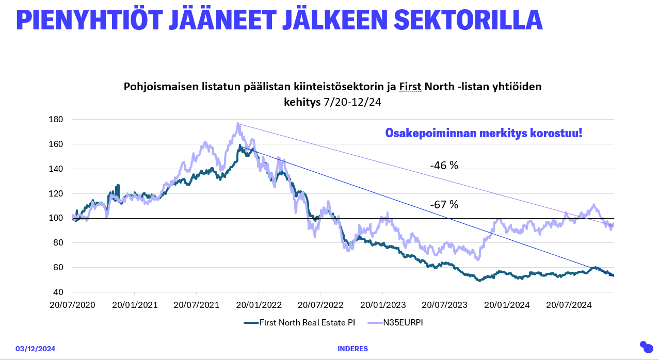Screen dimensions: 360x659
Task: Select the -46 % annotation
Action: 444,166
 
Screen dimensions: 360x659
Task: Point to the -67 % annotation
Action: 444,205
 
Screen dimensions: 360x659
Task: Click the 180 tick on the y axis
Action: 56,120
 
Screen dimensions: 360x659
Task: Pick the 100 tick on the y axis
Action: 56,218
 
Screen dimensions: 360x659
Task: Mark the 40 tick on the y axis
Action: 58,292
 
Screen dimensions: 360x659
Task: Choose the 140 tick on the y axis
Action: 56,169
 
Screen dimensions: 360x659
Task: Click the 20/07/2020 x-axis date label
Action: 72,305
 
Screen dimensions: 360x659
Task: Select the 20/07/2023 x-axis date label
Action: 444,305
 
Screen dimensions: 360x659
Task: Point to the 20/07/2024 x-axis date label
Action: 568,305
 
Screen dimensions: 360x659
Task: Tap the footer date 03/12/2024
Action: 35,349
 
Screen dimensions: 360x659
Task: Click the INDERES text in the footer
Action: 352,349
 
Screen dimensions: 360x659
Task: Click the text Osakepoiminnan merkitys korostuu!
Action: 484,133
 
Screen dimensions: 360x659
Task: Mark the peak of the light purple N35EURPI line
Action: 238,124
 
